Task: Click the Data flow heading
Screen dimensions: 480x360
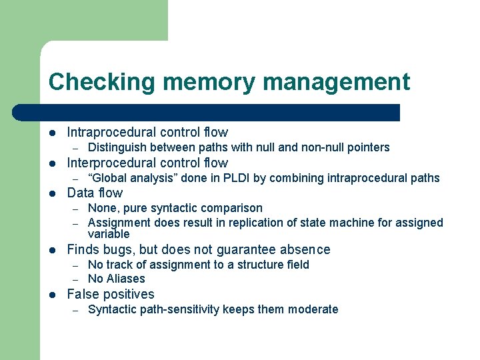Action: [95, 193]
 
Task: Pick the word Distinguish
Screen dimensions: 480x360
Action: [117, 147]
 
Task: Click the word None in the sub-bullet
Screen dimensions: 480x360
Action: [101, 209]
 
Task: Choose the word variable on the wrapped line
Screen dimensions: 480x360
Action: [109, 234]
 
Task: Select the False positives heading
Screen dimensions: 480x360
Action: [111, 294]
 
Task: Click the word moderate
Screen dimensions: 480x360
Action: [314, 309]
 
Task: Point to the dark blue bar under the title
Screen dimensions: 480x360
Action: [220, 113]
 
